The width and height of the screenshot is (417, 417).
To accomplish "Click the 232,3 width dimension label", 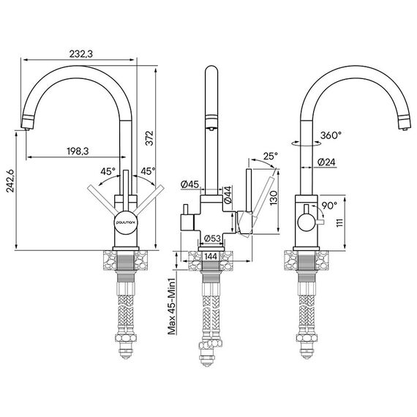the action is [x=81, y=54].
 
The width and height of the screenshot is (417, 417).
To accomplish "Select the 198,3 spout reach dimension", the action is [x=78, y=151].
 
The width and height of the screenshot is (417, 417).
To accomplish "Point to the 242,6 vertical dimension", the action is [x=11, y=180].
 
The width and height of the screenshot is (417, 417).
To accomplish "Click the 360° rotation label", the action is [x=331, y=135].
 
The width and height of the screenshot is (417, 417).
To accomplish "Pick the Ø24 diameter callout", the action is [x=326, y=162].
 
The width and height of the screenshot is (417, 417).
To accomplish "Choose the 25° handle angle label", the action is [x=270, y=156].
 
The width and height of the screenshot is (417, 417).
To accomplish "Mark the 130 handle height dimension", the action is [x=274, y=198].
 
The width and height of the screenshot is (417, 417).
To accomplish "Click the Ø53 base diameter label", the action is [x=212, y=238].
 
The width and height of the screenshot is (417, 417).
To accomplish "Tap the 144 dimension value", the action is [x=211, y=256].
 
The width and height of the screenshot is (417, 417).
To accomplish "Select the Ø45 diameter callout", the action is [x=189, y=184].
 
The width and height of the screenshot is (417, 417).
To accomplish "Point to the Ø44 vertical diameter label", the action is [x=228, y=195].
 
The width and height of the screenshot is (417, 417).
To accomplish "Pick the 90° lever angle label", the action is [x=329, y=206].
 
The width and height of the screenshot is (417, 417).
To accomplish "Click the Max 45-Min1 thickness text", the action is [x=172, y=307].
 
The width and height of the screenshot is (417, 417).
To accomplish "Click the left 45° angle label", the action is [x=108, y=171].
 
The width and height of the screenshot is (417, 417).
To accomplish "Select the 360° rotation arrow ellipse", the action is [x=306, y=143].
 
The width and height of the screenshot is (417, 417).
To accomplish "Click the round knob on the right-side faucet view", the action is [x=307, y=223].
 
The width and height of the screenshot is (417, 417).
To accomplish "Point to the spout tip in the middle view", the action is [x=211, y=129].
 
